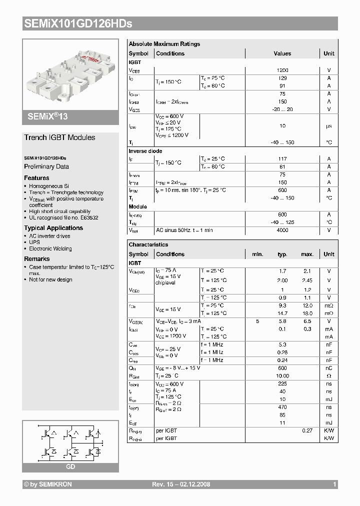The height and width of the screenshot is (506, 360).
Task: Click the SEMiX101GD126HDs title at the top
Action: [77, 23]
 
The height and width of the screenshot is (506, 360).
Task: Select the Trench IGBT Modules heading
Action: [59, 137]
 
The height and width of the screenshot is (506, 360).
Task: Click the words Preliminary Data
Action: [46, 166]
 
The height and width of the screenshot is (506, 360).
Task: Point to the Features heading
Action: [36, 178]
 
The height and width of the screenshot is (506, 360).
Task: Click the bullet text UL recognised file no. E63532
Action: [63, 218]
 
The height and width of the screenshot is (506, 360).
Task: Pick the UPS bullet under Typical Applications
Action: [34, 242]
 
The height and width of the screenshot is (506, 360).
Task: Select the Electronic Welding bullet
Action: [50, 248]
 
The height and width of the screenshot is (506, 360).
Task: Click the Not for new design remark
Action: [50, 279]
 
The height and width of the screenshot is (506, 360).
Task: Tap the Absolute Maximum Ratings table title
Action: [164, 44]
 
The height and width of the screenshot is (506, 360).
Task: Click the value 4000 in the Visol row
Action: [282, 230]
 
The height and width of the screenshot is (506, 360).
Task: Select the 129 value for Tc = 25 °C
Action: [282, 78]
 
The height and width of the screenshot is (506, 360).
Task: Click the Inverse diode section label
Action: [145, 151]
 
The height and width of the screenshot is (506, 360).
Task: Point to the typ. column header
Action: [282, 254]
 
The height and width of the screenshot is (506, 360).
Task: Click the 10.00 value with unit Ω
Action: [282, 375]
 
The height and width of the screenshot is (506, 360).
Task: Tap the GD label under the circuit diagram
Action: [70, 466]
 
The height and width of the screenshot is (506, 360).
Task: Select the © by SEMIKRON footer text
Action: [48, 484]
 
